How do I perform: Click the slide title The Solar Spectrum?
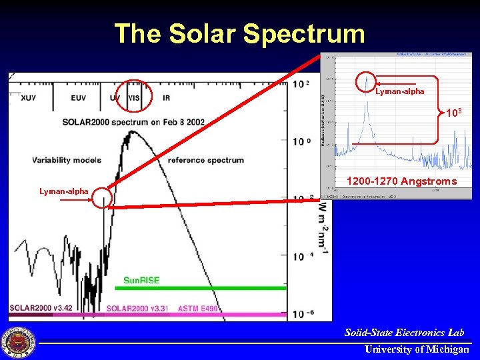pos(239,33)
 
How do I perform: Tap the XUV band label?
pos(29,98)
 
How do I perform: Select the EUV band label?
pos(78,98)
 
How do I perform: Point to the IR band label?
pos(166,98)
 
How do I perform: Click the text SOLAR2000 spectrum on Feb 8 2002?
pos(133,122)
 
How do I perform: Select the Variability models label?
pos(66,160)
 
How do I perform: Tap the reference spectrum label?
pos(205,160)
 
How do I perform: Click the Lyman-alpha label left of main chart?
pos(63,191)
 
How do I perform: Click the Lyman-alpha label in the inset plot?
pos(399,91)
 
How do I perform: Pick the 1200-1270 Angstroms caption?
pos(401,181)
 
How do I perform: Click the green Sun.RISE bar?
pos(200,288)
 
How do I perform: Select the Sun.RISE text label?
pos(141,280)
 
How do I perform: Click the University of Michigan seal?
pos(18,343)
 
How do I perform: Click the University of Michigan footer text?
pos(417,349)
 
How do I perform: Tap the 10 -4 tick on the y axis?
pos(303,256)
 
